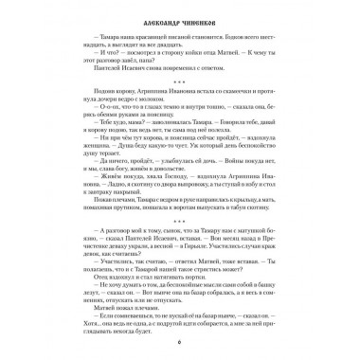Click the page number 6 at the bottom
tap(181, 349)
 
